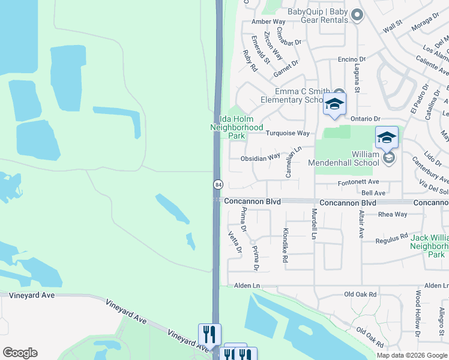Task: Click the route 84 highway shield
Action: (217, 184)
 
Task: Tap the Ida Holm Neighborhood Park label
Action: (237, 127)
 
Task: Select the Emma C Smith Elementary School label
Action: (299, 96)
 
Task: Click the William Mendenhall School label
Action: (344, 158)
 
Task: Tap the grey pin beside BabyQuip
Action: (357, 15)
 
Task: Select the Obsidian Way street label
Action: (260, 157)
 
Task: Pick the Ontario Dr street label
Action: (366, 119)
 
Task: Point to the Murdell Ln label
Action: (313, 224)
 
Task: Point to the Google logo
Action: (20, 353)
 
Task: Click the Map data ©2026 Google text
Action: (412, 355)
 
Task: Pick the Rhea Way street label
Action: (393, 214)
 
